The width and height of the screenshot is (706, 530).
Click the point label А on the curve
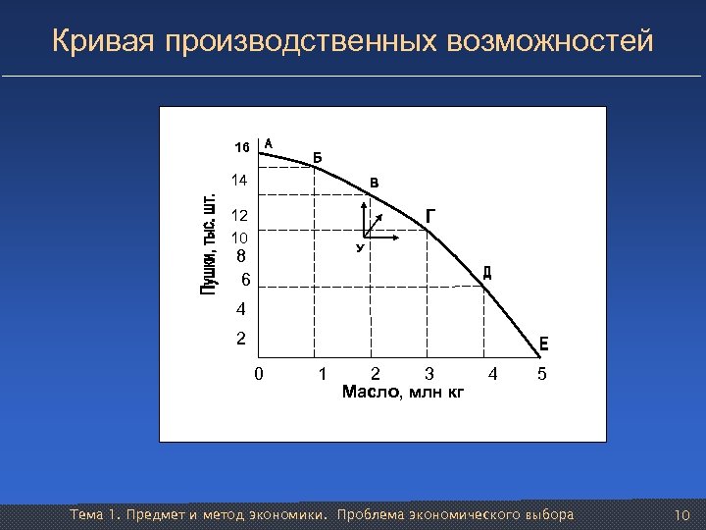click(269, 141)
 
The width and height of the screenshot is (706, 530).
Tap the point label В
click(374, 183)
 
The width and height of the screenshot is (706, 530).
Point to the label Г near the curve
click(431, 216)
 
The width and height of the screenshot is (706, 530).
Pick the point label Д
click(487, 273)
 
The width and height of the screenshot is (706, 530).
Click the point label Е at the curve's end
click(543, 344)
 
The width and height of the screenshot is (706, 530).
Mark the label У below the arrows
click(360, 248)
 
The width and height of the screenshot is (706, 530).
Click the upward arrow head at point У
click(364, 205)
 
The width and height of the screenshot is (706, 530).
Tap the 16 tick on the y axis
click(241, 147)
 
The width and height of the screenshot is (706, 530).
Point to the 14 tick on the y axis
click(238, 181)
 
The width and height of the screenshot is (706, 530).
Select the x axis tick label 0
click(258, 374)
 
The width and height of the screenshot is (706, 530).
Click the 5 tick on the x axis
click(542, 374)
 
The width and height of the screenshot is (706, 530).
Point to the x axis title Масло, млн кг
click(402, 394)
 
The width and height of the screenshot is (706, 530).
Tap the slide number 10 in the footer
click(683, 515)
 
